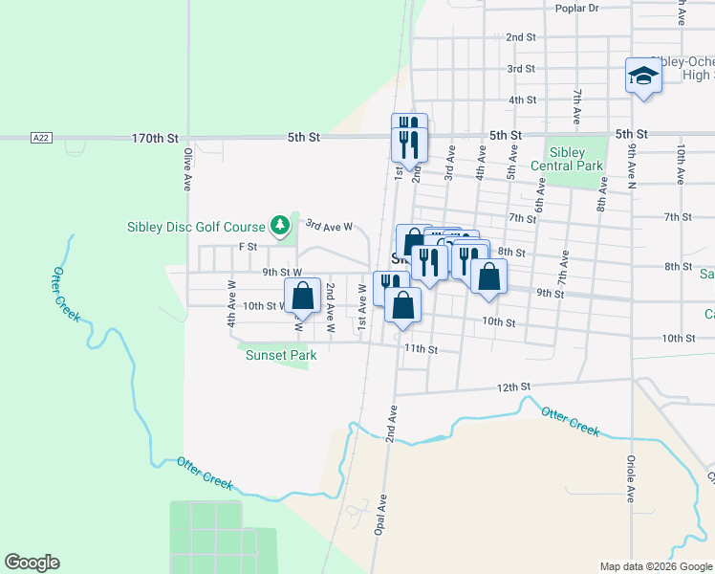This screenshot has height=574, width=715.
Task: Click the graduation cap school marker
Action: [x=643, y=76]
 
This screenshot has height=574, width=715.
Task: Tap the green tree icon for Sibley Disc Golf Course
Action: [x=280, y=226]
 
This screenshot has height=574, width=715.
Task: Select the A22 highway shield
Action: [x=39, y=138]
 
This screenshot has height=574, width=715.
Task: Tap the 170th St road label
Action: [x=155, y=139]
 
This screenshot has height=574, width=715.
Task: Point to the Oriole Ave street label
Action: [x=631, y=483]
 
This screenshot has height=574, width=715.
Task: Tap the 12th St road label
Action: [x=512, y=386]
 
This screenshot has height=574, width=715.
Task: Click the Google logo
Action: [x=32, y=563]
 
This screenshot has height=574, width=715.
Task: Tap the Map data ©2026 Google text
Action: [x=655, y=566]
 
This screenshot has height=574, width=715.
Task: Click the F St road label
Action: [x=248, y=247]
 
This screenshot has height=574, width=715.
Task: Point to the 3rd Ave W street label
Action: [x=329, y=227]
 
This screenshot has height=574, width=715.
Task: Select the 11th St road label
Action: [x=420, y=349]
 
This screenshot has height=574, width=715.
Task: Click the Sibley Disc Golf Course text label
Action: [x=196, y=227]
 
